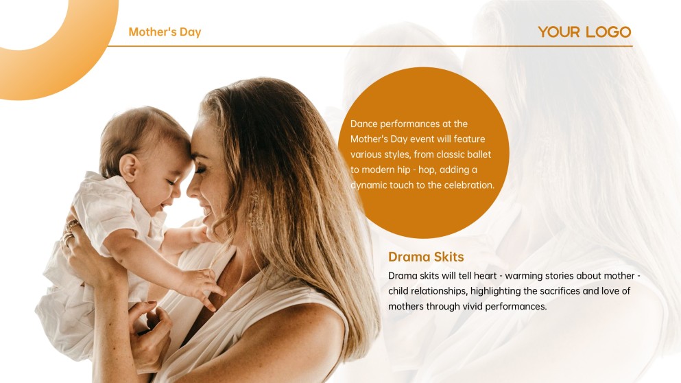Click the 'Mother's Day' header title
coord(165,32)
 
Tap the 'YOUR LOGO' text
coord(584,32)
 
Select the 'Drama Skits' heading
coord(426,257)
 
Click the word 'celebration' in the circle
coord(466,185)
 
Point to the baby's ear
coord(128,167)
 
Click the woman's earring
coord(254,209)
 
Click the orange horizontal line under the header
coord(370,46)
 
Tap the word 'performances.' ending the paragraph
coord(516,307)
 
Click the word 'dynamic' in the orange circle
coord(368,185)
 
